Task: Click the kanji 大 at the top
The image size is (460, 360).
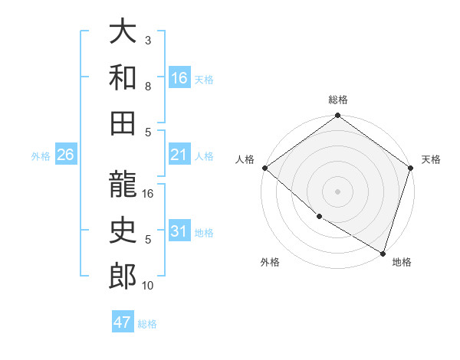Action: coord(123,32)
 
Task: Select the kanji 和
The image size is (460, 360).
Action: coord(123,77)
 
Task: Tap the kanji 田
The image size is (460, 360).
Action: coord(123,122)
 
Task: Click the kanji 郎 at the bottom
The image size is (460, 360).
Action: coord(123,277)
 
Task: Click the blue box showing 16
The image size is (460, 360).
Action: coord(179,78)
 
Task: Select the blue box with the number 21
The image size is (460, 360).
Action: coord(179,155)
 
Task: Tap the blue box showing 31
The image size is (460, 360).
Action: coord(179,231)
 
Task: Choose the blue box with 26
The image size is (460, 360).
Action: coord(65,155)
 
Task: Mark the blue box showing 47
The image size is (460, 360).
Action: coord(122,322)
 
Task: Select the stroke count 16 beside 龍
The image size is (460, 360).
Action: coord(149,194)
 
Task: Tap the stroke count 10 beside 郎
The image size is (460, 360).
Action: coord(149,286)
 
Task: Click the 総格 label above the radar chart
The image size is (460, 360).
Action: coord(338,100)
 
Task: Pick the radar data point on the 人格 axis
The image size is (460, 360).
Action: coord(264,168)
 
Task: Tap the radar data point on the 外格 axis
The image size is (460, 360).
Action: coord(319,217)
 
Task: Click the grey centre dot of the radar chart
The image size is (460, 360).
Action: coord(337,191)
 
